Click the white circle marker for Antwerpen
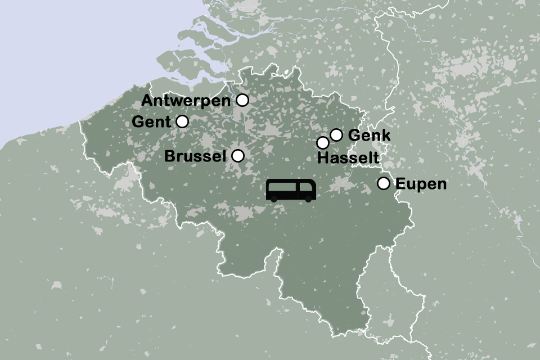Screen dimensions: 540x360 (x=242, y=100)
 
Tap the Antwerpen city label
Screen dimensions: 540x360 (x=186, y=101)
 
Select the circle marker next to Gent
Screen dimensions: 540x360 (x=182, y=121)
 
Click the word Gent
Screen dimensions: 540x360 (x=151, y=121)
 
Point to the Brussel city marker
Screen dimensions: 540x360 (x=238, y=156)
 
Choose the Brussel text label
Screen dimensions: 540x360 (x=195, y=156)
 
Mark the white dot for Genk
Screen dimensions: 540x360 (x=336, y=135)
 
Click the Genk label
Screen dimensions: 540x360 (x=370, y=136)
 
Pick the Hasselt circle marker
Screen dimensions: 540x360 (x=323, y=143)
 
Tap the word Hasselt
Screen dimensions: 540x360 (x=348, y=159)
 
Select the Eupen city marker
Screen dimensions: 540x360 (x=384, y=183)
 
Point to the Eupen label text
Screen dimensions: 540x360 (x=421, y=184)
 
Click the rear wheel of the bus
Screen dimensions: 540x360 (x=274, y=198)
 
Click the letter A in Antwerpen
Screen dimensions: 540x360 (x=147, y=101)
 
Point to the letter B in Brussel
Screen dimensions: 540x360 (x=170, y=156)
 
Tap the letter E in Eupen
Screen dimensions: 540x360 (x=400, y=184)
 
